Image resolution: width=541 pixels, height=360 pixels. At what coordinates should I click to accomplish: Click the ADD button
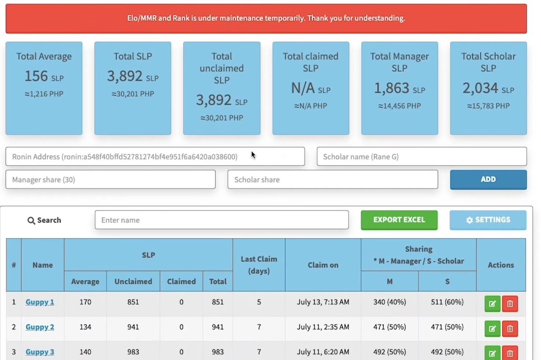pos(488,179)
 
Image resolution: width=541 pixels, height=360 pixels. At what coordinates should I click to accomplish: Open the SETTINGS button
pos(488,220)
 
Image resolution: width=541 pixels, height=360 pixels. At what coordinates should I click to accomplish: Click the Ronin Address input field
pos(155,156)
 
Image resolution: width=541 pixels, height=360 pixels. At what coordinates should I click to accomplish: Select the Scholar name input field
pos(422,156)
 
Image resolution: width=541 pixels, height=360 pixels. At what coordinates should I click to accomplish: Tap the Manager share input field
pos(110,179)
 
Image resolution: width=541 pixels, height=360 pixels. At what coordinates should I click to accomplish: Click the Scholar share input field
pos(333,179)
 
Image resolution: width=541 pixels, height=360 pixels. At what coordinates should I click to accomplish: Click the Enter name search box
pos(221,220)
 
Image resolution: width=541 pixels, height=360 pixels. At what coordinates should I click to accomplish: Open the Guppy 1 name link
pos(40,302)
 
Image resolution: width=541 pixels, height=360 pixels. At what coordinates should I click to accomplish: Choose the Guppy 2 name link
pos(40,327)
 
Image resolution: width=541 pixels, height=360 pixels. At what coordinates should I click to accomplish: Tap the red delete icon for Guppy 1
pos(510,304)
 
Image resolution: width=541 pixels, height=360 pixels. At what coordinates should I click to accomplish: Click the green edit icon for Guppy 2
pos(492,329)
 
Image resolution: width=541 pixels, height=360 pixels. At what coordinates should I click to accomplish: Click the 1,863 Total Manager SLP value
pos(392,88)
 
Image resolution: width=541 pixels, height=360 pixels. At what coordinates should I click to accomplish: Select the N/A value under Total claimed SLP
pos(303,88)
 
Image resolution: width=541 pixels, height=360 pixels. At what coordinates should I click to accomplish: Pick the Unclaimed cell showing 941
pos(133,327)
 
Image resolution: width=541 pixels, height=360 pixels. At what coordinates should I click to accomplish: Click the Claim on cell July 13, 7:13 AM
pos(323,302)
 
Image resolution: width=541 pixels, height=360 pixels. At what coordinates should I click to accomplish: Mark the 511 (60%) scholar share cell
pos(447,302)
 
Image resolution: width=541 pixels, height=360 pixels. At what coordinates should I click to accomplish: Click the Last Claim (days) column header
pos(259,265)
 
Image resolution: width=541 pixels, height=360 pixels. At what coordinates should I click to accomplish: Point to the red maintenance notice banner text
pos(266,18)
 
